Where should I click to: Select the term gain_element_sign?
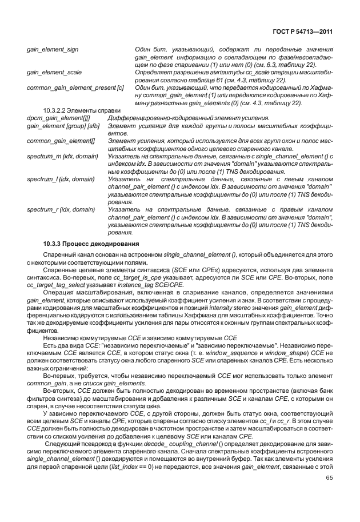(53, 50)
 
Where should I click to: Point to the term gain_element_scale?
(54, 72)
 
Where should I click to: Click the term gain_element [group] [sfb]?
(61, 125)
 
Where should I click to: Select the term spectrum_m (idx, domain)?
(62, 155)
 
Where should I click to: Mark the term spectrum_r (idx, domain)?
(61, 209)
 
